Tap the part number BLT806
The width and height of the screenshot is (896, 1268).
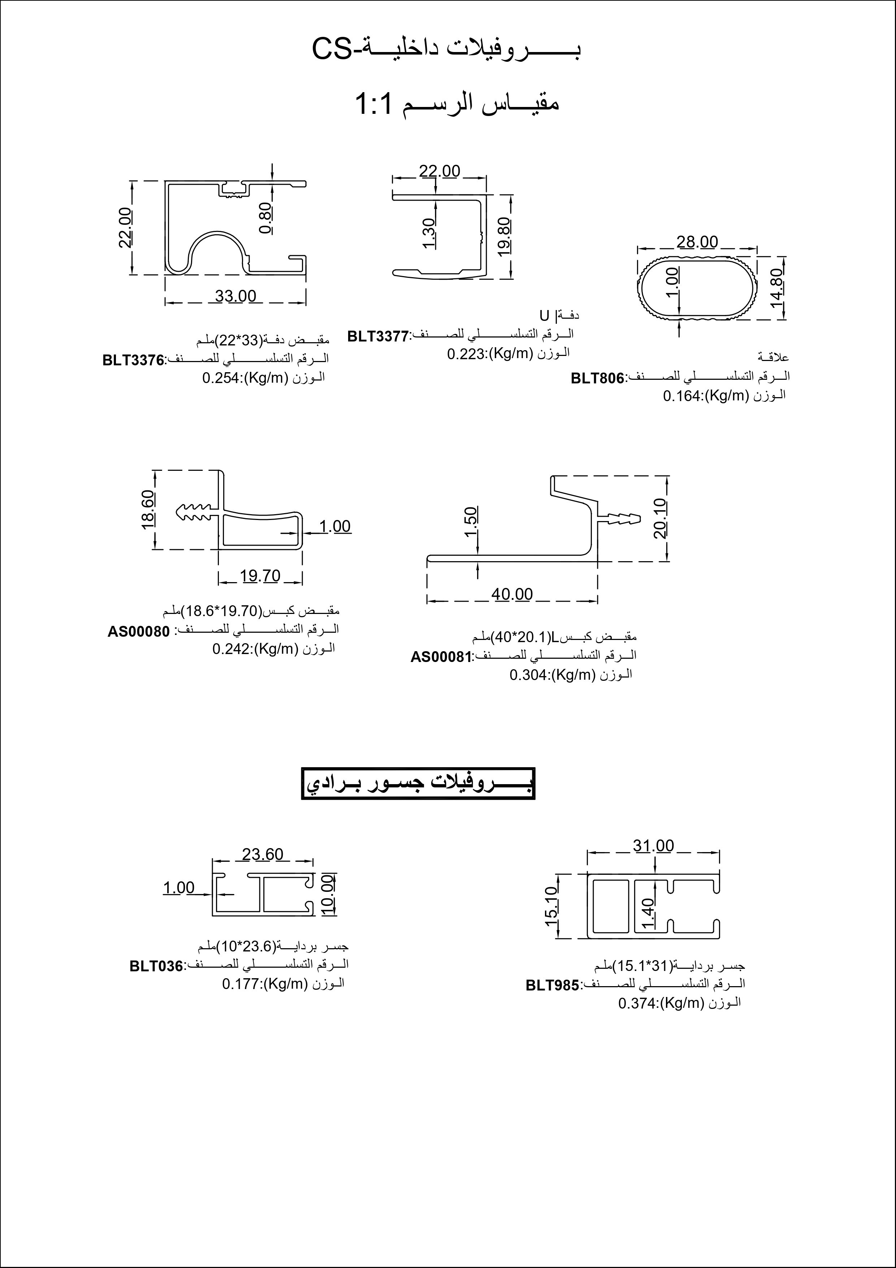click(x=597, y=378)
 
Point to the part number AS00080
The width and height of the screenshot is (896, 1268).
click(x=139, y=632)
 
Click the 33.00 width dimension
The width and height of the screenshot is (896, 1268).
click(x=236, y=297)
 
